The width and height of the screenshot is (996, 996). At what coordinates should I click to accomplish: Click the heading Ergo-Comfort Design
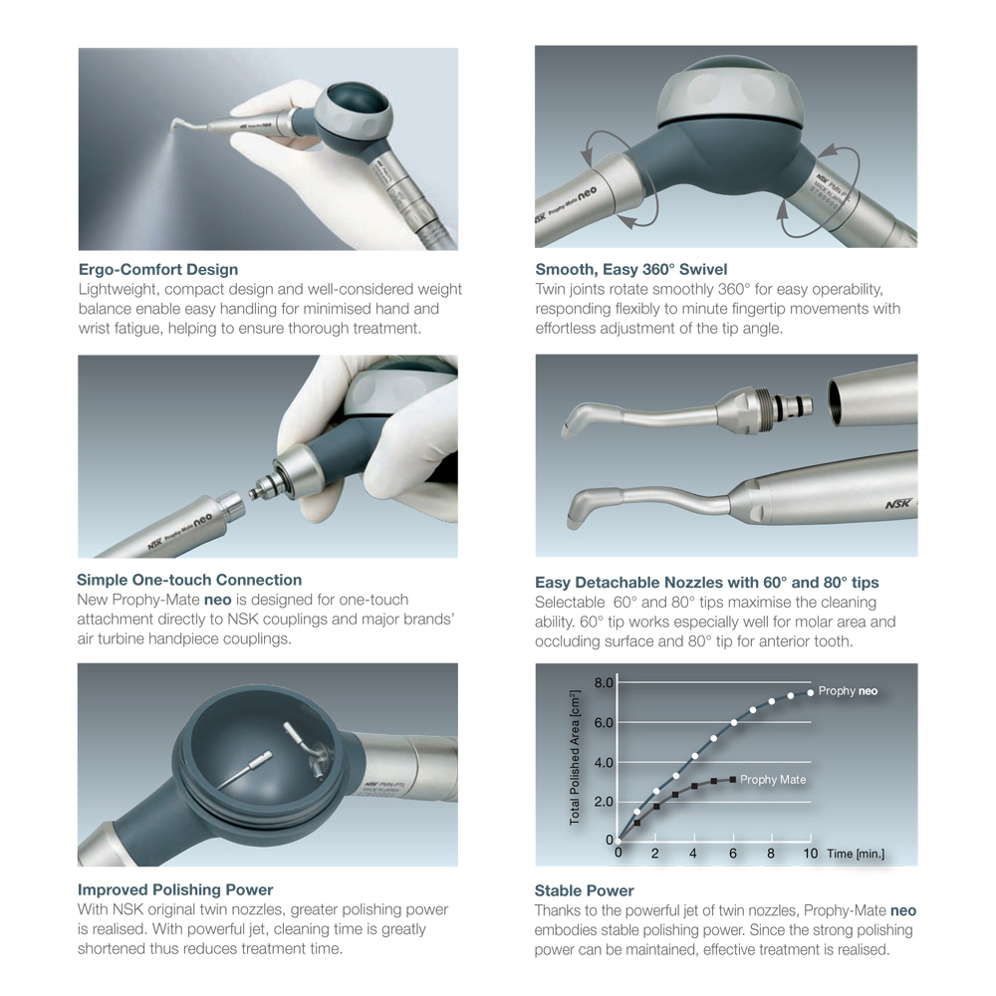tap(157, 269)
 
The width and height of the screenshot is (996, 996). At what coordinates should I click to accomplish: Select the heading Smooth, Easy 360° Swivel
tap(630, 269)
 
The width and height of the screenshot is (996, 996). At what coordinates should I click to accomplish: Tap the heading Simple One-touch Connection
tap(189, 580)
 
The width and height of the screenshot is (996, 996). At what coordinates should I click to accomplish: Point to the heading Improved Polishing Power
tap(175, 889)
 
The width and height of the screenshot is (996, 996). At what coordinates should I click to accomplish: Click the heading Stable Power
tap(584, 890)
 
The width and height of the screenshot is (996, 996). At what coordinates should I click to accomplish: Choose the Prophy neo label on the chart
tap(848, 691)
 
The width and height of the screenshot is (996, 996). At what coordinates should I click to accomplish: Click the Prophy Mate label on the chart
tap(773, 780)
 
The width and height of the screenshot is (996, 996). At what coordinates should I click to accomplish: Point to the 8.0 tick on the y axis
tap(605, 683)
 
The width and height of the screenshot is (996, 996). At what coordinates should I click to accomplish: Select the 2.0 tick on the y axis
tap(605, 802)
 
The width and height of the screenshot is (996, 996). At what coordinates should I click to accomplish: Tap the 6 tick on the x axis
tap(733, 854)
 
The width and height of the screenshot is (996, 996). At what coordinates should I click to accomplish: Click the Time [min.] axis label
tap(855, 854)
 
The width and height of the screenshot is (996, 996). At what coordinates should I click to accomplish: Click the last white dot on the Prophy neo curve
tap(810, 692)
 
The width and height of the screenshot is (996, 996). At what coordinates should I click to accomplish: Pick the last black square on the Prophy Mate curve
tap(733, 780)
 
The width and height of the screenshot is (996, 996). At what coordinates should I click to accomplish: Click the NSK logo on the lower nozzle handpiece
tap(897, 505)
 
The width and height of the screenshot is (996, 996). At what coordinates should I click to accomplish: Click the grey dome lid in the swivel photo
tap(732, 94)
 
